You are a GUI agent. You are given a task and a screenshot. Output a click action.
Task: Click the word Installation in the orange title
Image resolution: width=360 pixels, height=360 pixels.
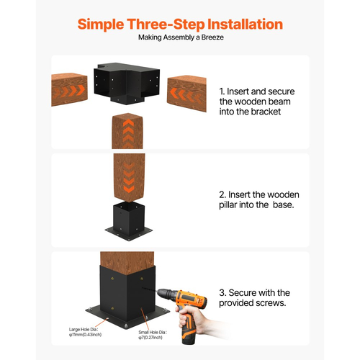tap(245, 24)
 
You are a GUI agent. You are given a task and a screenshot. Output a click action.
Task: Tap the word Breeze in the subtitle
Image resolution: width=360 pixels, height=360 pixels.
tap(212, 37)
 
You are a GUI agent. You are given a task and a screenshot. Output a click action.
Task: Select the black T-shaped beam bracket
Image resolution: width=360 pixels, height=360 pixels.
tap(127, 83)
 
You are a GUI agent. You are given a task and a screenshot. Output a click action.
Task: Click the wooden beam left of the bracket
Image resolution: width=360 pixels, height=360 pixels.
tap(69, 89)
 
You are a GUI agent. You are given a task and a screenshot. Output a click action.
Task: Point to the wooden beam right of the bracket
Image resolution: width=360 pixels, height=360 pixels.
tap(186, 94)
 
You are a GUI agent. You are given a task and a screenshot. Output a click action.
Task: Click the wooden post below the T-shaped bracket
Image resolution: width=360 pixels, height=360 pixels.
tap(127, 131)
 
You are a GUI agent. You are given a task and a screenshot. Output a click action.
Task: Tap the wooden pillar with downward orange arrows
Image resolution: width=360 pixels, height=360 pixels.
tap(129, 178)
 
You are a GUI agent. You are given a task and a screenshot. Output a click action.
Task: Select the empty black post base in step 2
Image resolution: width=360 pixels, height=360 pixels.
tap(129, 221)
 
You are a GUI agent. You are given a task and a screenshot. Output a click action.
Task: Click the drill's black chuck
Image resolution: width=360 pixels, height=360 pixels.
tap(164, 294)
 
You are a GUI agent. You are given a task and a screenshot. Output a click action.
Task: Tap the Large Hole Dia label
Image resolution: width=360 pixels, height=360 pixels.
tap(84, 330)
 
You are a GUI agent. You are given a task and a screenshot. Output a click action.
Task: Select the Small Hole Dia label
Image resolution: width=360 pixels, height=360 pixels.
tap(153, 333)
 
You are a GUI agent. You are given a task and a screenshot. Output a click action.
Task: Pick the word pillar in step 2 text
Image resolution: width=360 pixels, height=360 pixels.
tap(228, 205)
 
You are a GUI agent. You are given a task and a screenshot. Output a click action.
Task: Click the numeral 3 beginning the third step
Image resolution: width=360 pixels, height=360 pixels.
tap(222, 293)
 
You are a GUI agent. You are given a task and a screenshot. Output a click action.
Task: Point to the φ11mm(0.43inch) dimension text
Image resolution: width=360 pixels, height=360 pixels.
tap(85, 335)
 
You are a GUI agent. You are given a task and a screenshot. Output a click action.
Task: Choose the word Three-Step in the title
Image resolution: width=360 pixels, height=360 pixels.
tap(166, 24)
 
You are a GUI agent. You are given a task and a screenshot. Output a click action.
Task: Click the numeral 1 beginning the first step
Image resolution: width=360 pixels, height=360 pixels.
tap(221, 91)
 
